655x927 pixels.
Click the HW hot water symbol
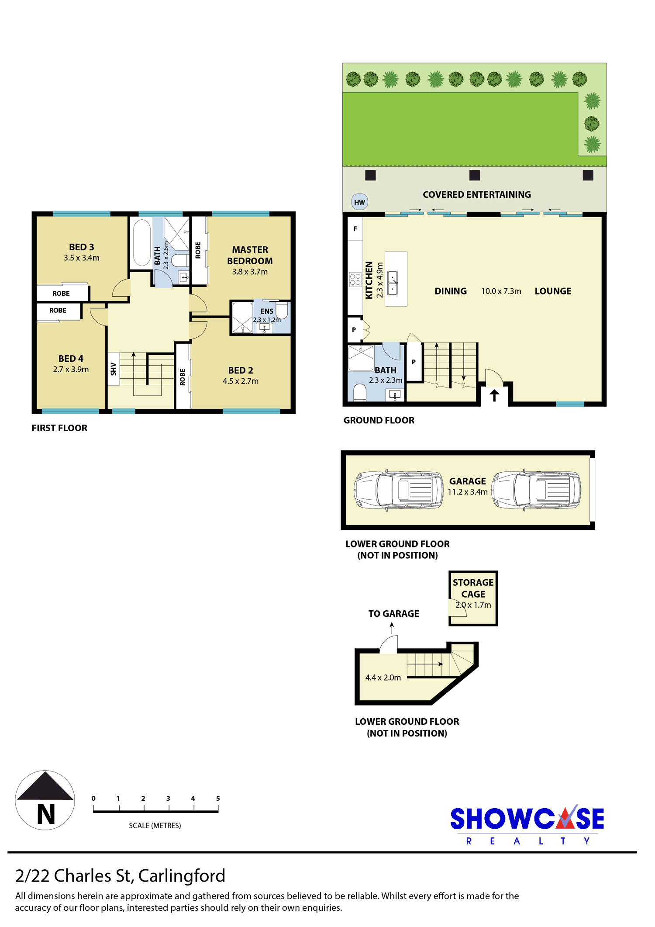click(x=359, y=202)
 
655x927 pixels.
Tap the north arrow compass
click(x=45, y=800)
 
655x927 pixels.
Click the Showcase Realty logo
click(x=527, y=825)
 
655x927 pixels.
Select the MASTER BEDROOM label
click(x=250, y=255)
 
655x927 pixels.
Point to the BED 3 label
click(x=82, y=247)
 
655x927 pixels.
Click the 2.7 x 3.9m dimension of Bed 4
click(x=71, y=370)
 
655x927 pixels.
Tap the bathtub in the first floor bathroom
click(x=142, y=243)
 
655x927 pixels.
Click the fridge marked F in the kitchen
click(x=355, y=228)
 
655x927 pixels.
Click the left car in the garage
click(x=399, y=490)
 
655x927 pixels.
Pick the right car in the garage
click(x=537, y=490)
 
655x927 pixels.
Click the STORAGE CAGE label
click(x=473, y=588)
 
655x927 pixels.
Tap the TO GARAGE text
click(x=393, y=614)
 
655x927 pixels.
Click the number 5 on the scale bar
click(x=218, y=798)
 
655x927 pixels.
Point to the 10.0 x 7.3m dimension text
click(x=501, y=291)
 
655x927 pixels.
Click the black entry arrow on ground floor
click(x=494, y=395)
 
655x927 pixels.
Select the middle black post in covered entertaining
click(x=475, y=175)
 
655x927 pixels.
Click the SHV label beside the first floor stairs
click(x=114, y=369)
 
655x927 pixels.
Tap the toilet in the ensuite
click(x=282, y=311)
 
